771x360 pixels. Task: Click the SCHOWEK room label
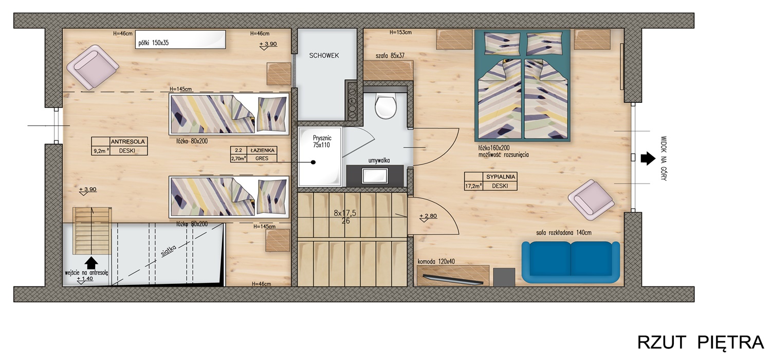324,56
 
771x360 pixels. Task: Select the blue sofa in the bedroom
571,262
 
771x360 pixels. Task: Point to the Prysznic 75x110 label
321,141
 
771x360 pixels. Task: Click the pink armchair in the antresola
93,67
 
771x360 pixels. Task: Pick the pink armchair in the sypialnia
591,200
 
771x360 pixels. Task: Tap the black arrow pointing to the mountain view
648,158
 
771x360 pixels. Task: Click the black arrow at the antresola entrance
91,263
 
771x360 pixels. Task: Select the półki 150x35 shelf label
154,43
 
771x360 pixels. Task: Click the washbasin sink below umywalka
375,176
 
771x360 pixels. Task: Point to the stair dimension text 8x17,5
345,213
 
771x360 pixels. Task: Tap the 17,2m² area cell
473,186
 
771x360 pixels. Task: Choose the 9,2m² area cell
101,151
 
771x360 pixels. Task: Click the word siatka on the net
169,251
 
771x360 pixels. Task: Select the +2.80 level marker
428,216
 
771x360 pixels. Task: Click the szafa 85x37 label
390,56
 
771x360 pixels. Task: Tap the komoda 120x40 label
436,261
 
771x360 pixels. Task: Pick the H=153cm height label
400,32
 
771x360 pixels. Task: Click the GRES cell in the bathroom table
262,158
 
